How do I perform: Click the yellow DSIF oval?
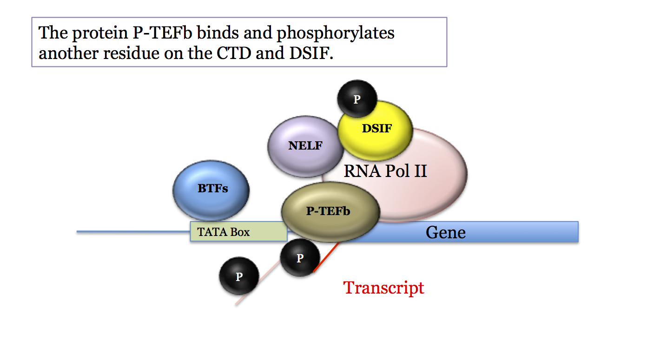point(376,130)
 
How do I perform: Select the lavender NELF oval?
point(304,146)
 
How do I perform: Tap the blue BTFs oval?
point(211,190)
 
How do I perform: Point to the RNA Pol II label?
point(385,171)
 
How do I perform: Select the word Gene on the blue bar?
point(445,232)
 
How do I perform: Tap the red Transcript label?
point(383,288)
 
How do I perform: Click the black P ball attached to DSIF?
point(357,99)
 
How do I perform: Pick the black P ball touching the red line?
point(300,258)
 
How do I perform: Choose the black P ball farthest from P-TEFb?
point(239,276)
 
